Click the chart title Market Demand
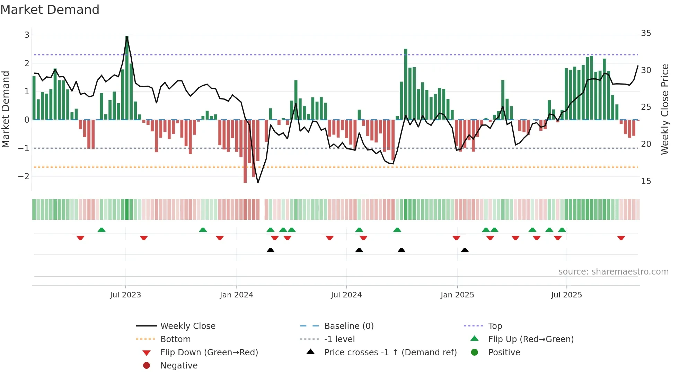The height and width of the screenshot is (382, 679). click(50, 10)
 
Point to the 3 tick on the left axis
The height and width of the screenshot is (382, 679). click(27, 35)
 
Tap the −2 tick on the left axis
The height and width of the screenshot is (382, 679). click(24, 176)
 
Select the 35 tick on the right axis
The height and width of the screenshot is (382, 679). click(646, 33)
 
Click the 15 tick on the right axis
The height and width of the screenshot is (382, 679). click(646, 181)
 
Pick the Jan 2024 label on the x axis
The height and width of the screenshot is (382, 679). click(236, 295)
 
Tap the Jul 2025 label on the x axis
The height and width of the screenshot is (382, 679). click(566, 295)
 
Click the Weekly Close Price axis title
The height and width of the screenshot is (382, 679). click(664, 109)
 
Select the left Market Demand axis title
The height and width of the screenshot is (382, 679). click(6, 109)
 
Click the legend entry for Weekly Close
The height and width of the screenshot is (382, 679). click(187, 326)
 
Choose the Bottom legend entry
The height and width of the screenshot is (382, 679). click(175, 339)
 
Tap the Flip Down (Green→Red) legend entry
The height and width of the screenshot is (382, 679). click(209, 353)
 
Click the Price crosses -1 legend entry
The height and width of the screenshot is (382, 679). click(390, 353)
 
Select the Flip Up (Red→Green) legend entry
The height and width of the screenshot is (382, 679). click(531, 339)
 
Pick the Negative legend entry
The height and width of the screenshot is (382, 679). click(179, 366)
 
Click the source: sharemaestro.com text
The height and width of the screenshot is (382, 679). click(613, 272)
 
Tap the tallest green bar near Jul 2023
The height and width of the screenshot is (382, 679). click(127, 78)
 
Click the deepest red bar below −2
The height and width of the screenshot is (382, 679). click(245, 151)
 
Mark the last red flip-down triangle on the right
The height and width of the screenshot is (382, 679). click(621, 238)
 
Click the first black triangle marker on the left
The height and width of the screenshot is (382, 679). click(271, 250)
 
